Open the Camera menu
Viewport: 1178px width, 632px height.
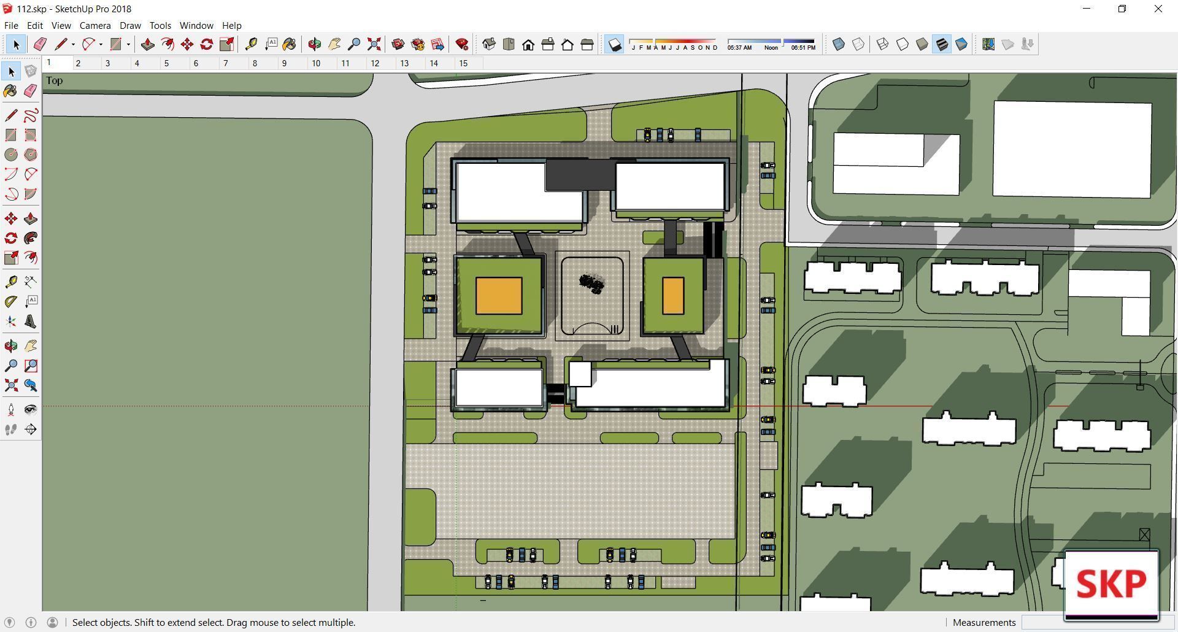[x=95, y=26]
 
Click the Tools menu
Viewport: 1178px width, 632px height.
[x=160, y=26]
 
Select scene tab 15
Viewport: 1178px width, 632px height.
[x=463, y=63]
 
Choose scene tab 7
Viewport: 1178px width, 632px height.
[x=226, y=63]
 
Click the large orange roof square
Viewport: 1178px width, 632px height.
[x=499, y=296]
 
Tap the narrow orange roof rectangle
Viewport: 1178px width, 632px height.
[x=673, y=296]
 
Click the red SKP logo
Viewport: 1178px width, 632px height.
[x=1111, y=584]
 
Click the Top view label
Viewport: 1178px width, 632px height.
[x=54, y=80]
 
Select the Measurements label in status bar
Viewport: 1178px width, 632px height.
[x=984, y=622]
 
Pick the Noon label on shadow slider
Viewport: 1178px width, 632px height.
[x=771, y=48]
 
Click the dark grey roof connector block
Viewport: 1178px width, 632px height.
[x=580, y=174]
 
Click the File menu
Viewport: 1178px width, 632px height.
[x=11, y=26]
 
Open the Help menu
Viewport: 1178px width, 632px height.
[x=231, y=26]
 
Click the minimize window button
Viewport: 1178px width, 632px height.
[x=1087, y=9]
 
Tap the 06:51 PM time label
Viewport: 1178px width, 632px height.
[x=803, y=48]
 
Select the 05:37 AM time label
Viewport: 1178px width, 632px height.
[x=739, y=48]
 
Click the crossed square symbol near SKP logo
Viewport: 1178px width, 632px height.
[x=1144, y=535]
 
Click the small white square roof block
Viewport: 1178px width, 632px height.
[x=580, y=374]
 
